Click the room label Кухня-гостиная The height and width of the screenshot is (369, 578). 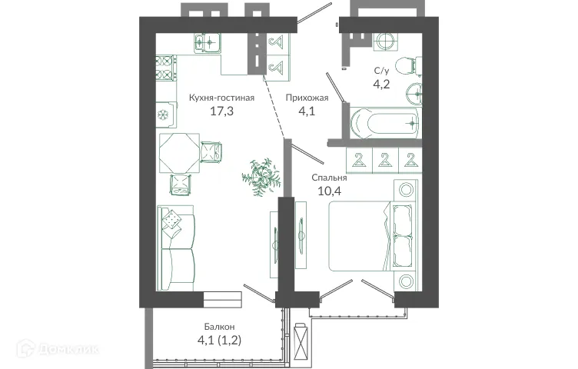[221, 98]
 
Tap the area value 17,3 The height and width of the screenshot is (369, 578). [221, 111]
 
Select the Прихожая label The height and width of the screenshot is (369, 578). [307, 98]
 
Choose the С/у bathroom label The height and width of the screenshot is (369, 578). [381, 71]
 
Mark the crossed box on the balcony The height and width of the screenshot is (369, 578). [303, 338]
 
